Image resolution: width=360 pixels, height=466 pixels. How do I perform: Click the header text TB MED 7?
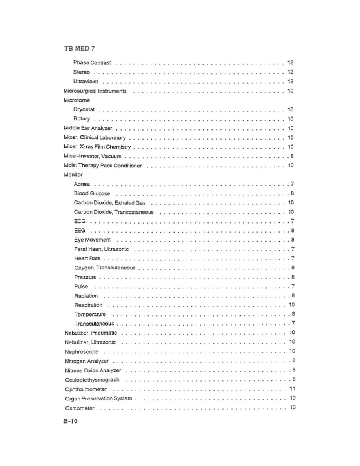coord(79,49)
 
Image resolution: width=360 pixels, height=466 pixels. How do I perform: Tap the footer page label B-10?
coord(71,422)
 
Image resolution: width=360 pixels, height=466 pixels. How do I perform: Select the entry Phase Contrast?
coord(92,63)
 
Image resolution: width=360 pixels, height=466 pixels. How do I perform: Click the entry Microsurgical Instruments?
coord(95,91)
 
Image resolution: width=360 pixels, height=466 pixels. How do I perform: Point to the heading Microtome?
coord(76,100)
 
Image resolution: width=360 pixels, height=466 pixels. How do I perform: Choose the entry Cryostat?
coord(84,109)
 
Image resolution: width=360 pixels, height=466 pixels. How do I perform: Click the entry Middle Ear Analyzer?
coord(88,128)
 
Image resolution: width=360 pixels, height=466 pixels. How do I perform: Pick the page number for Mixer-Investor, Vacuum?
coord(293,156)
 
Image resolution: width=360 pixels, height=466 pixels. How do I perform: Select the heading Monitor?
coord(73,175)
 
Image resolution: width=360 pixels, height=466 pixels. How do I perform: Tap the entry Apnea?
coord(82,184)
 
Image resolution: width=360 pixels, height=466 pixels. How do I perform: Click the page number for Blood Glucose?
coord(293,193)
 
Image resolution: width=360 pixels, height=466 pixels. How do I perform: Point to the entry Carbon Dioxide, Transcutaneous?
coord(114,212)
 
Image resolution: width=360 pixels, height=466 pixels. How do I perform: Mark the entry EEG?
coord(80,231)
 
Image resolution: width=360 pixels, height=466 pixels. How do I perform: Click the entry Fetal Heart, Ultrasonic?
coord(101,249)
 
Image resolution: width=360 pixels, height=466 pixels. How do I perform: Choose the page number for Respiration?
coord(292,305)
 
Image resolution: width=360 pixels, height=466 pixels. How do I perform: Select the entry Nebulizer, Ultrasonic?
coord(90,342)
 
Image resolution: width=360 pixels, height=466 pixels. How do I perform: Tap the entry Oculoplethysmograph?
coord(92,380)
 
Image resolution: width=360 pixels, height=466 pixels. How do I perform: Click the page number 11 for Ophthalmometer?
coord(292,389)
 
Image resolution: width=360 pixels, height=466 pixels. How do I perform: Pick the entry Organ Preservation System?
coord(98,399)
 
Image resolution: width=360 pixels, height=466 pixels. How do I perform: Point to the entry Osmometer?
coord(80,408)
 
